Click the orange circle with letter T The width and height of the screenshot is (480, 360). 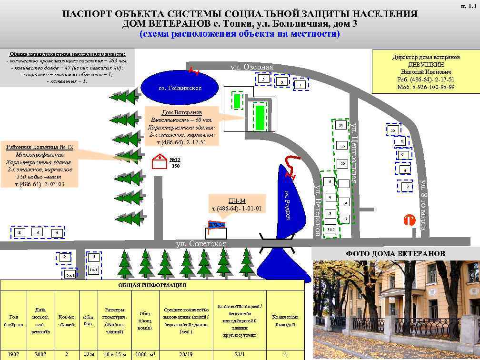[x=409, y=221]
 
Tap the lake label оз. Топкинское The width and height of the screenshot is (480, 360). [x=180, y=88]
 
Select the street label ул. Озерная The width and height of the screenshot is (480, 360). [x=252, y=67]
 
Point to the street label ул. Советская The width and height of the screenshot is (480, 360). [x=201, y=244]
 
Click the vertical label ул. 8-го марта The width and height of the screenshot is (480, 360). [x=422, y=204]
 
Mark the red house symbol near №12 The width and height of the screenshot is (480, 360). [x=160, y=162]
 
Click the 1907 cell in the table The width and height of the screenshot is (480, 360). [x=13, y=355]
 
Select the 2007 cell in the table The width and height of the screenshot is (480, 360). [x=40, y=355]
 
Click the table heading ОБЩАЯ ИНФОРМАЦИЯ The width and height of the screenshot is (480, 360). [x=152, y=286]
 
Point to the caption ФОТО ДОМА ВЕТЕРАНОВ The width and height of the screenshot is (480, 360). [x=395, y=254]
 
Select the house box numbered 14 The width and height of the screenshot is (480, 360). [x=340, y=126]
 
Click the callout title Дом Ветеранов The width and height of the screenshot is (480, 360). [x=181, y=112]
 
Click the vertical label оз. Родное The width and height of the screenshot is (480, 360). [x=287, y=205]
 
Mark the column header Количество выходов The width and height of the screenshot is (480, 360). [x=285, y=320]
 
